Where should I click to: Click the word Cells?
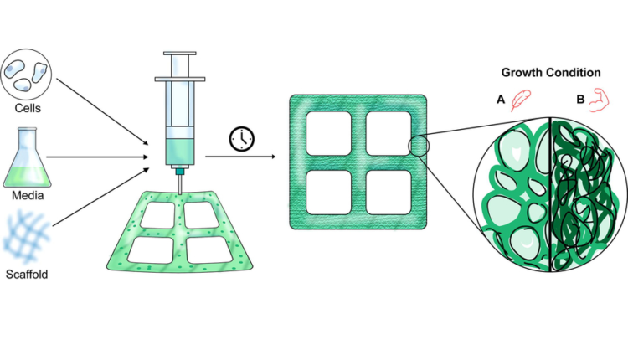coord(28,108)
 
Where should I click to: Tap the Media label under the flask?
coord(28,195)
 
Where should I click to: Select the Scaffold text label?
coord(27,275)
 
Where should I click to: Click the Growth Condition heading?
coord(551,73)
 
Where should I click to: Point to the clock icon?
coord(242,139)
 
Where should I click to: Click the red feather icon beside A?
coord(521,100)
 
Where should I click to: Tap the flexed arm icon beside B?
coord(599,100)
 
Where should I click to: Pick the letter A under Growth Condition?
coord(501,100)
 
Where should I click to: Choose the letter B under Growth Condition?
coord(580,100)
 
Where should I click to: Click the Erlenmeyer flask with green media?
coord(28,157)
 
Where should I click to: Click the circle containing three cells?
coord(27,75)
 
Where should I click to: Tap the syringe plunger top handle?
coord(180,54)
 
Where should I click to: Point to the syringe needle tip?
coord(180,194)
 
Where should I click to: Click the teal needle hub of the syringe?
coord(180,172)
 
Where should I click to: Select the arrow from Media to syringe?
coord(97,157)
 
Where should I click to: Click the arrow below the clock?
coord(240,157)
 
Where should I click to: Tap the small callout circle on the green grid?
coord(419,146)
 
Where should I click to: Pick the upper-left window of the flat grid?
coord(329,133)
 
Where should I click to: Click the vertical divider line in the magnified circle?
coord(551,194)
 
